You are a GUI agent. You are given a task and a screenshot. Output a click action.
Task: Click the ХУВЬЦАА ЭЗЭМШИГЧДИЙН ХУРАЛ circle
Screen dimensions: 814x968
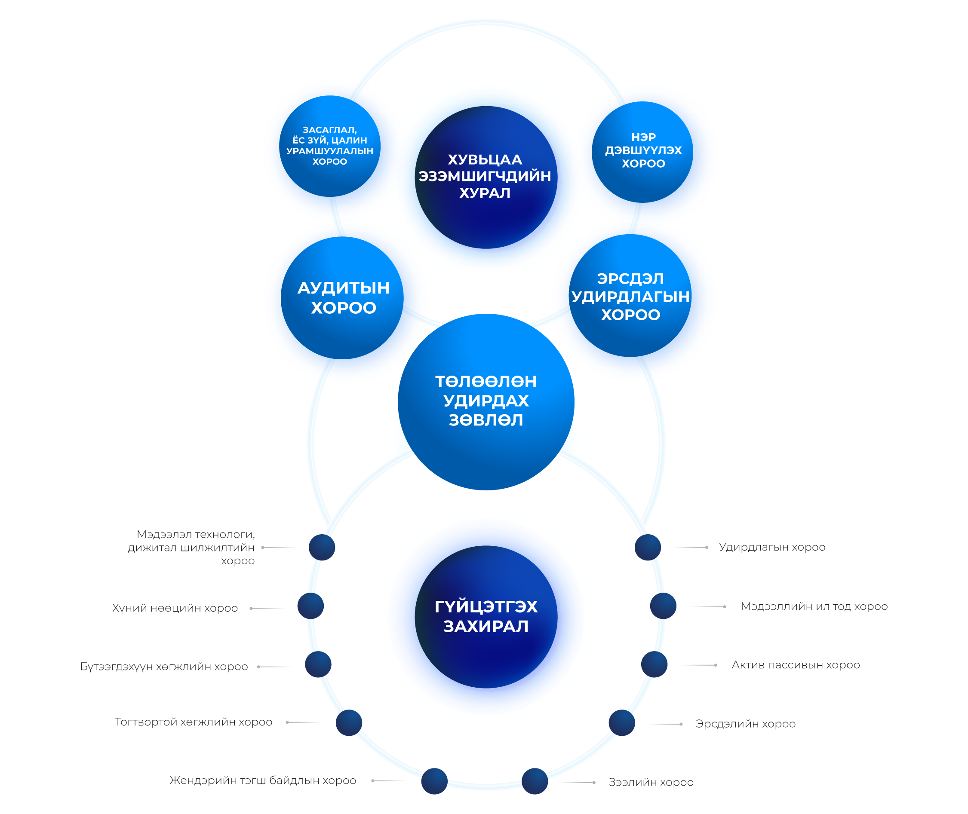tap(486, 177)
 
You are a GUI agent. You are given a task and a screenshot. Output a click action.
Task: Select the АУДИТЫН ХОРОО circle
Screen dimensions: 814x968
tap(342, 298)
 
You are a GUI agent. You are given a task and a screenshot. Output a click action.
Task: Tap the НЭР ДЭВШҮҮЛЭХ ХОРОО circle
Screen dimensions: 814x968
tap(642, 152)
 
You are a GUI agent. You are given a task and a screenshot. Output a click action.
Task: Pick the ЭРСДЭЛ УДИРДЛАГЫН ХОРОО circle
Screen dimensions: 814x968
tap(630, 296)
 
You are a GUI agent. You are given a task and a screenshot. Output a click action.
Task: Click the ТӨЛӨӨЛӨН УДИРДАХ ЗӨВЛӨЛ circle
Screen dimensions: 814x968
tap(486, 401)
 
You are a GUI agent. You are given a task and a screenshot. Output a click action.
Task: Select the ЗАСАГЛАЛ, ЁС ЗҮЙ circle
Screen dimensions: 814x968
tap(329, 146)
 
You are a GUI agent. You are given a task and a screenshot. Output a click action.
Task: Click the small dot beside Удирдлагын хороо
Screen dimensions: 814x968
tap(647, 547)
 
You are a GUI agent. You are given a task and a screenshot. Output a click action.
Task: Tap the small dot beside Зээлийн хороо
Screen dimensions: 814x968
tap(535, 781)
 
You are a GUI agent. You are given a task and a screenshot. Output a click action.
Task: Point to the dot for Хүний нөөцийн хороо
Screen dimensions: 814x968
tap(310, 606)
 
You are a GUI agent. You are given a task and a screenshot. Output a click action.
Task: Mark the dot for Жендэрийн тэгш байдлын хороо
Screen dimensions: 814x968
tap(434, 781)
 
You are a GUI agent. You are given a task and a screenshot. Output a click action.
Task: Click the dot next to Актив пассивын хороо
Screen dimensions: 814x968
tap(654, 664)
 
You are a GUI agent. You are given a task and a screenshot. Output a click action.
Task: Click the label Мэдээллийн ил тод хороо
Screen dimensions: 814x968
tap(814, 606)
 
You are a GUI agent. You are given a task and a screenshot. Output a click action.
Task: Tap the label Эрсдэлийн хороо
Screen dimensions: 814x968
tap(745, 724)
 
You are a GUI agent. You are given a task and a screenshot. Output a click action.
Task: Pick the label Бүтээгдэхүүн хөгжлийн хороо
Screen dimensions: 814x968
tap(164, 666)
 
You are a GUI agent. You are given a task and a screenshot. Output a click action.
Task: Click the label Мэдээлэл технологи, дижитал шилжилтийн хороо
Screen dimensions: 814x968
tap(191, 547)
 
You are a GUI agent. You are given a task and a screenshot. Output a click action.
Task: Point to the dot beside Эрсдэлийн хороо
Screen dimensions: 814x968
tap(621, 722)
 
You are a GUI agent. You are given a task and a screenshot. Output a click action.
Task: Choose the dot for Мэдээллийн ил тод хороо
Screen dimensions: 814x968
tap(663, 606)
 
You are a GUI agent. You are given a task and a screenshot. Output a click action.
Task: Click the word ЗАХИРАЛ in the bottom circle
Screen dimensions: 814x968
tap(486, 626)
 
